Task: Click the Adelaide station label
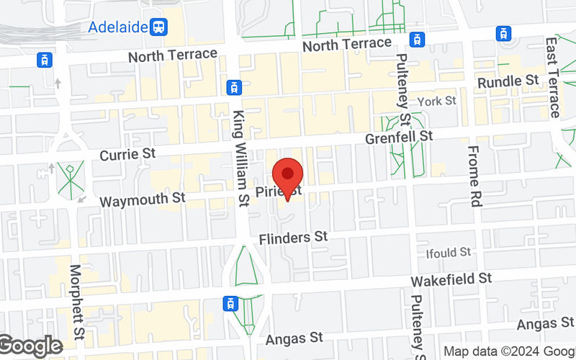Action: (x=118, y=27)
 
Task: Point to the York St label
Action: (x=437, y=102)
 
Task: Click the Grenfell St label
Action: (x=399, y=136)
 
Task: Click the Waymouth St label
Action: (x=143, y=200)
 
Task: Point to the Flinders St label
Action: (x=294, y=237)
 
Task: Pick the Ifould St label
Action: (x=448, y=253)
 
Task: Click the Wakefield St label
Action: (x=451, y=278)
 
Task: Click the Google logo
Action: (x=30, y=347)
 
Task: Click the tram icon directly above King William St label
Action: (x=233, y=87)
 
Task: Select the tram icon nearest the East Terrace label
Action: (x=503, y=33)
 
